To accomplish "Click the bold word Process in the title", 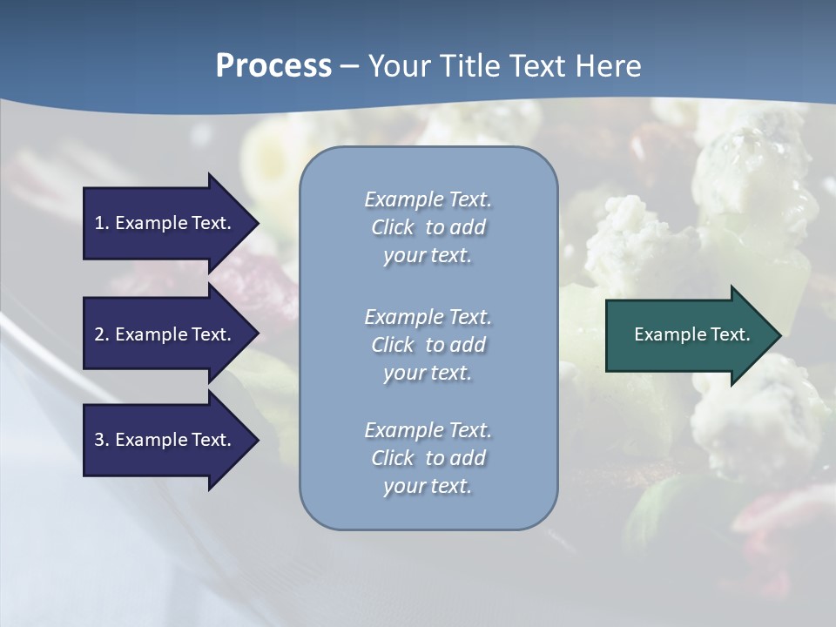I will pos(273,66).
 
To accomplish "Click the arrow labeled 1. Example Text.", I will pos(163,223).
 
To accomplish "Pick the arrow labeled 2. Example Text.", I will pos(163,334).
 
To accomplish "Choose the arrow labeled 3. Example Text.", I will pos(163,440).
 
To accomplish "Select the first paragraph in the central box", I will pos(428,227).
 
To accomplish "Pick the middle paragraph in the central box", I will pos(428,345).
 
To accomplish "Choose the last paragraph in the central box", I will pos(428,458).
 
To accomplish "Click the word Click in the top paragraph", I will pos(393,227).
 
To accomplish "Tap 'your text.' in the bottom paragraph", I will pos(428,486).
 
